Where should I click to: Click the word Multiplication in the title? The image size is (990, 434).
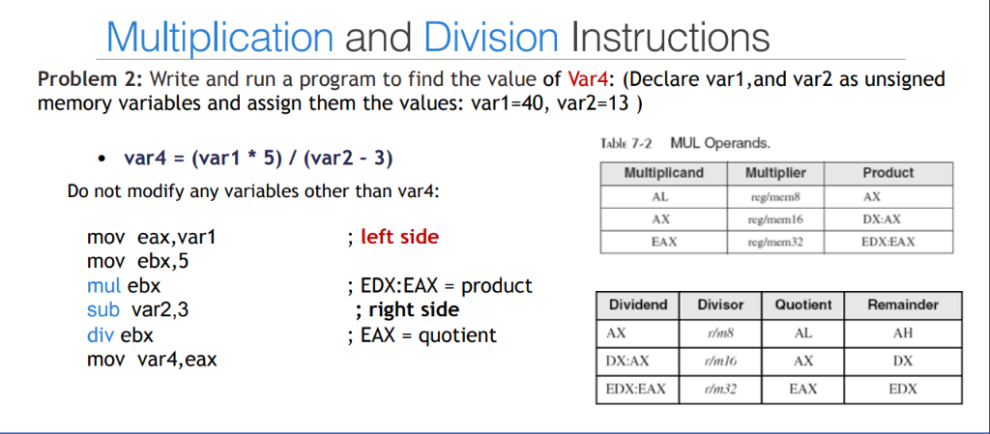pos(219,38)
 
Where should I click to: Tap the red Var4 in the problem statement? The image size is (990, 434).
pos(588,79)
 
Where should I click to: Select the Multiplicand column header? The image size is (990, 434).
pos(663,173)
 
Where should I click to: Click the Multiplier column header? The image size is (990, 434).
pos(775,173)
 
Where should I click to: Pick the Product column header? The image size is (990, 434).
pos(888,173)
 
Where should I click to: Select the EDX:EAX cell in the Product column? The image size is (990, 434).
pos(888,242)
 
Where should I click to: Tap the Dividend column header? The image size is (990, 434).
pos(638,304)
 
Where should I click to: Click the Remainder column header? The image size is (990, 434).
pos(903,304)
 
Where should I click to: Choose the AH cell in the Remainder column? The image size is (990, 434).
pos(903,333)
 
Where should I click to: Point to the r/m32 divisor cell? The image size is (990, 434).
pos(720,390)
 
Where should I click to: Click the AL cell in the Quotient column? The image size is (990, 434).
pos(803,333)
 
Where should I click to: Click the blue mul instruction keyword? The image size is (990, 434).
pos(104,286)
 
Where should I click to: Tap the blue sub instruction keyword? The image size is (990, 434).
pos(103,310)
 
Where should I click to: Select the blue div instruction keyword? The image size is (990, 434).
pos(101,335)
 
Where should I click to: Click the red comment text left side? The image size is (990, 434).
pos(399,237)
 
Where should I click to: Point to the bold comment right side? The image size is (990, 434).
pos(414,310)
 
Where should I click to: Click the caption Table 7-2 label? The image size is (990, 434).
pos(626,143)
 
